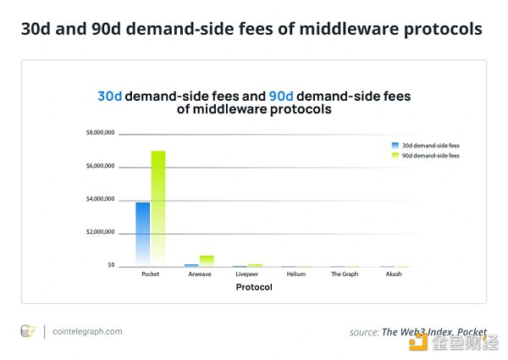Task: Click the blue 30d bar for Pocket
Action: point(143,233)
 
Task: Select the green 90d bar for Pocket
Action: point(158,208)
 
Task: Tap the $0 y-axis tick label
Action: point(110,265)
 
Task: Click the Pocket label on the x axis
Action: point(150,274)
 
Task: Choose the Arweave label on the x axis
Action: point(199,274)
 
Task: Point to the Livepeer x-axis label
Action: point(247,274)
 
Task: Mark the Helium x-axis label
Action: point(295,274)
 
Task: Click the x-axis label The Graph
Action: point(344,274)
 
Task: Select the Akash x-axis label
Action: point(393,274)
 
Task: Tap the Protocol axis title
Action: point(253,288)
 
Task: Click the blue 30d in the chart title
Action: point(110,97)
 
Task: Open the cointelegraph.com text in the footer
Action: point(87,331)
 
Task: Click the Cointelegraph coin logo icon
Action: point(28,331)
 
